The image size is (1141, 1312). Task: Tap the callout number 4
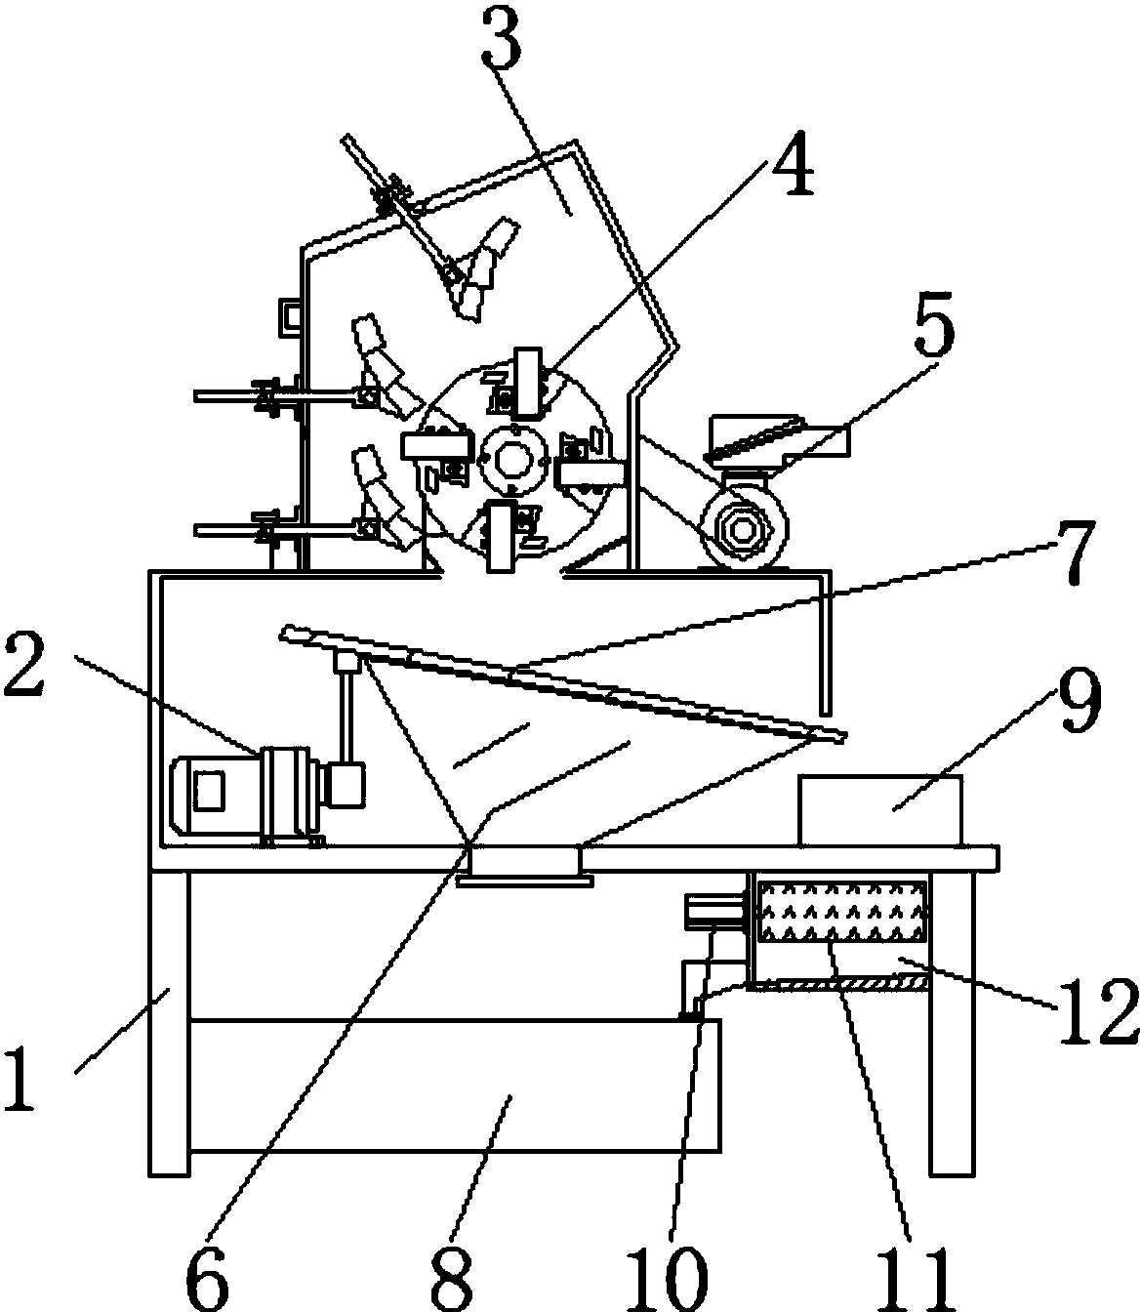tap(793, 165)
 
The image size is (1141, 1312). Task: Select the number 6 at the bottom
tap(207, 1279)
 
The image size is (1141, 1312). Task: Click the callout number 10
tap(667, 1279)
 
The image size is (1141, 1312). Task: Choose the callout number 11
tap(917, 1279)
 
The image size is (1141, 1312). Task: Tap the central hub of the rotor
tap(511, 458)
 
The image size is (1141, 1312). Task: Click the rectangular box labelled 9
tap(880, 810)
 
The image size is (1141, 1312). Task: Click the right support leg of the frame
tap(952, 1024)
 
